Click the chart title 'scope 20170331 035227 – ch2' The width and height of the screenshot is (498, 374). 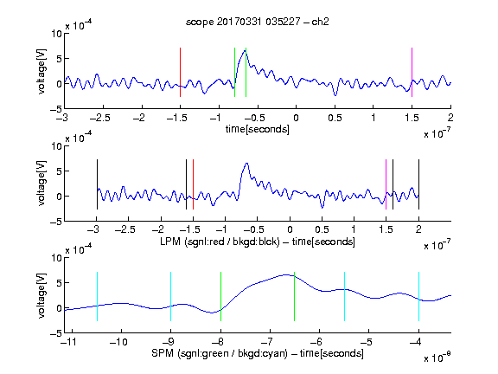tap(258, 22)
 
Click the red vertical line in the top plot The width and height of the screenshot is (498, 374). tap(180, 72)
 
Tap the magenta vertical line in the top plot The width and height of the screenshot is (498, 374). tap(412, 72)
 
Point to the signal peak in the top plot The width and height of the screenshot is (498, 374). tap(246, 50)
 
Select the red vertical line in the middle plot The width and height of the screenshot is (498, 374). tap(193, 184)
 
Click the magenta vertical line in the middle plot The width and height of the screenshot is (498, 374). tap(386, 184)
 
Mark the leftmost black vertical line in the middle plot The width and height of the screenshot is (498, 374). tap(97, 184)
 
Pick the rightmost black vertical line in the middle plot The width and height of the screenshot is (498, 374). tap(418, 184)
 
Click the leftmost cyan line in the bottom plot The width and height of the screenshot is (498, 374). tap(97, 296)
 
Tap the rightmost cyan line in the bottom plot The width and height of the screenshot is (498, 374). tap(418, 296)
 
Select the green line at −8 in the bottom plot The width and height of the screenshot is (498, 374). tap(220, 296)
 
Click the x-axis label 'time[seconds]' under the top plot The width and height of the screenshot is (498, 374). tap(258, 129)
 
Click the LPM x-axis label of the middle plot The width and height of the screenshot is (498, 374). tap(258, 242)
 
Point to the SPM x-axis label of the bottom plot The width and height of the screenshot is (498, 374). tap(258, 353)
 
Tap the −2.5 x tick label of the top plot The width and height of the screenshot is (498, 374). tap(99, 118)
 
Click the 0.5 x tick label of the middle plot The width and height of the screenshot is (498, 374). tap(322, 229)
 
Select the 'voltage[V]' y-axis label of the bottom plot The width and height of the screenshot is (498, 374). tap(41, 295)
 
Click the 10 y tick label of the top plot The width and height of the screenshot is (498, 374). tap(57, 34)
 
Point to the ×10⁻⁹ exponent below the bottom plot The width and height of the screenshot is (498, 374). tap(437, 358)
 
